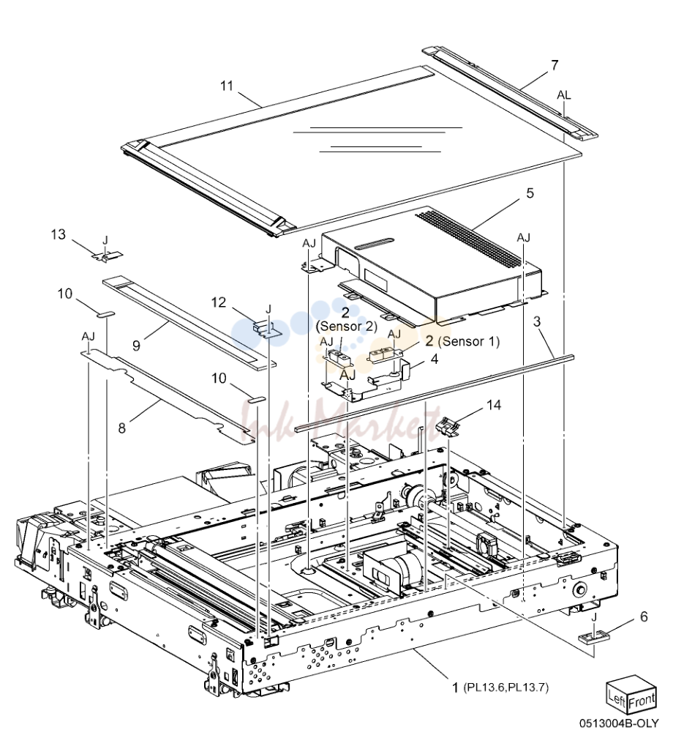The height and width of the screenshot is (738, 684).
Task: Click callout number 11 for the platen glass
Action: [227, 86]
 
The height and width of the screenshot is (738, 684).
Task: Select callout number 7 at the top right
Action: [555, 65]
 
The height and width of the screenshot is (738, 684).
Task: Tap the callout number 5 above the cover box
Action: [530, 193]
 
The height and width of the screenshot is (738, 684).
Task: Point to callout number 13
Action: [59, 234]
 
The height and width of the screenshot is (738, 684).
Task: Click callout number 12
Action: [219, 302]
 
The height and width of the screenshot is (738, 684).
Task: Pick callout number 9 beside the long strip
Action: [136, 346]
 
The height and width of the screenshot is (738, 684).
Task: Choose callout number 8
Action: [122, 428]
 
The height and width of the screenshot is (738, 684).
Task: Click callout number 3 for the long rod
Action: [537, 321]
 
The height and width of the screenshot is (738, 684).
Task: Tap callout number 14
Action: [494, 405]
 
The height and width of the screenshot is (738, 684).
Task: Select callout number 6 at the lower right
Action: [644, 616]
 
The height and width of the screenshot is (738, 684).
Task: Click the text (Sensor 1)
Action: [468, 341]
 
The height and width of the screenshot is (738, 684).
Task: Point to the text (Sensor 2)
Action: [347, 327]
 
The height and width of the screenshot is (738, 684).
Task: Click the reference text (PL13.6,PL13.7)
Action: [506, 687]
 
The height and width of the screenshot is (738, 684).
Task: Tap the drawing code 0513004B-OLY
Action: [619, 723]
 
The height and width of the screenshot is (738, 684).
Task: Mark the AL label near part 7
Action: [563, 95]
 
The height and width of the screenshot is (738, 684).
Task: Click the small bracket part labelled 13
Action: [107, 256]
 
